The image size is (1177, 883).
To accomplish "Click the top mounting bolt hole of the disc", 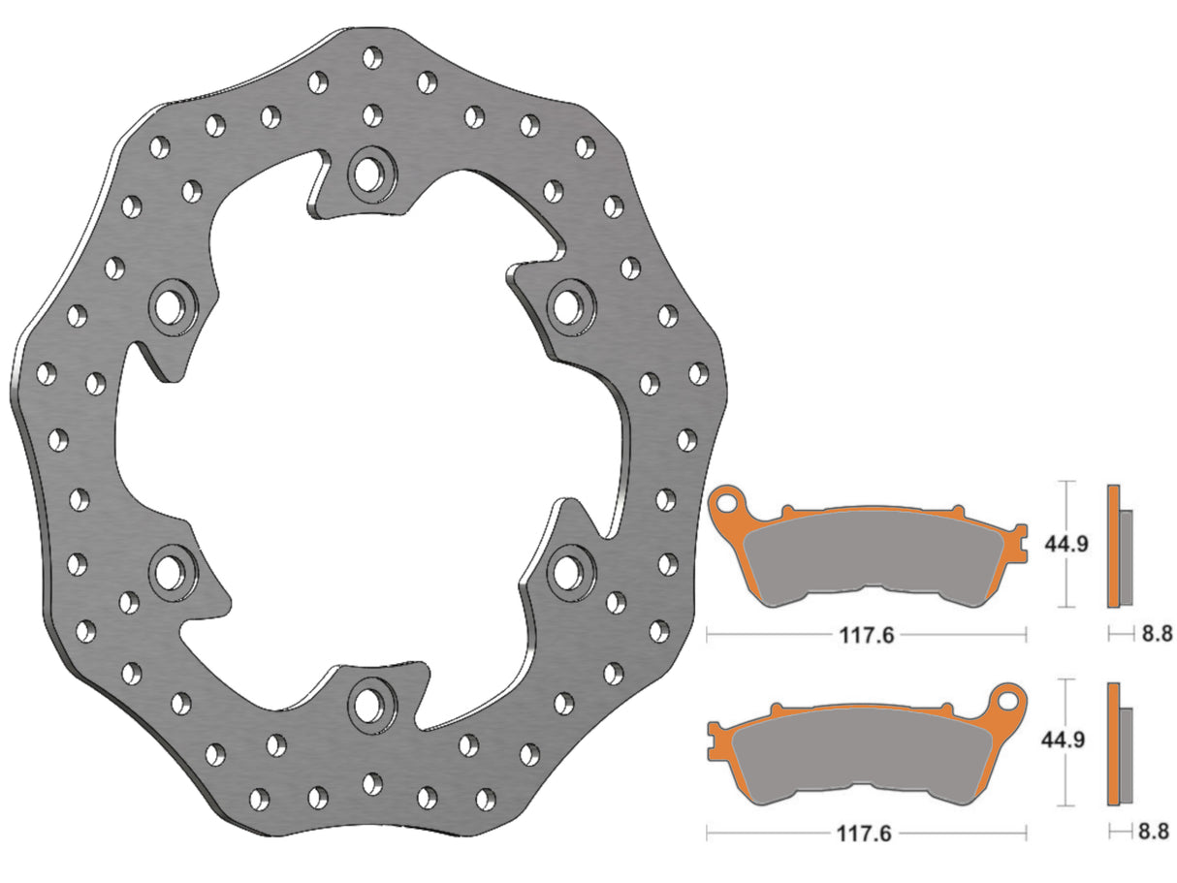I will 366,173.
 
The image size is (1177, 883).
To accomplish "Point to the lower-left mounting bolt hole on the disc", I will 170,569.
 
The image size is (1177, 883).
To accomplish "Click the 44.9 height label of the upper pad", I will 1066,544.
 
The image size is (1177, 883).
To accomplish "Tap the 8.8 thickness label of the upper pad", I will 1156,634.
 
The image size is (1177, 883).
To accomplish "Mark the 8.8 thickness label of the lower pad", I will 1156,831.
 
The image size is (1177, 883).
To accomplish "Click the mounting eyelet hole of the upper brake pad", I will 729,502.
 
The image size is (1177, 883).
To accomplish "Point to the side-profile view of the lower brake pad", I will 1119,742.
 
